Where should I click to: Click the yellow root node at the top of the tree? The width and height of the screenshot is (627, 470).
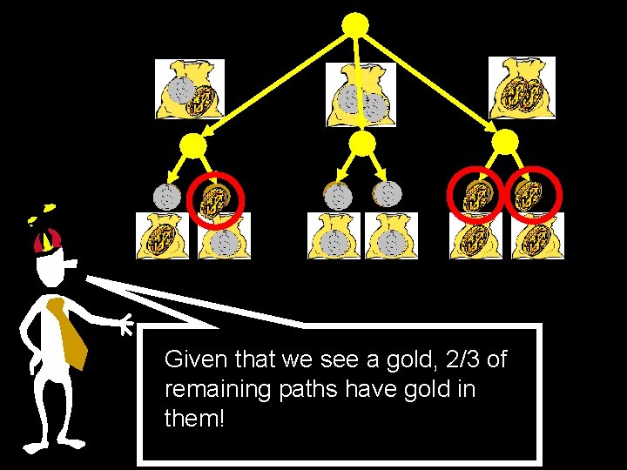click(354, 25)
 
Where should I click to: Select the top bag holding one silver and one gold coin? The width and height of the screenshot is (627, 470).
click(190, 91)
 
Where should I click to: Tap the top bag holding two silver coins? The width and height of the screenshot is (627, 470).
click(361, 94)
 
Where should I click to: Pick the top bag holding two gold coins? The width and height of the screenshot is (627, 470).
click(522, 89)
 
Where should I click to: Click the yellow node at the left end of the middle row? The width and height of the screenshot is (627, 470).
click(193, 145)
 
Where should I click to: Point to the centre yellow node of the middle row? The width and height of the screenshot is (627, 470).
click(361, 144)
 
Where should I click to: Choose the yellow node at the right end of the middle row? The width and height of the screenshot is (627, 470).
click(505, 142)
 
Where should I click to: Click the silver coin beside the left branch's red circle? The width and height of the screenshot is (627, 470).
click(166, 197)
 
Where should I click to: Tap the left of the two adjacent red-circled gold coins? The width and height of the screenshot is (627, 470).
click(475, 196)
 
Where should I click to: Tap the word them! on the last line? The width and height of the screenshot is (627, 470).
click(194, 419)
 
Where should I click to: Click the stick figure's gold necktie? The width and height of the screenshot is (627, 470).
click(70, 331)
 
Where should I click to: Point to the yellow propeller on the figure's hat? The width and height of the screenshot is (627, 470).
click(42, 211)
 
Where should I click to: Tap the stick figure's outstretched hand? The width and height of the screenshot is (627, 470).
click(125, 326)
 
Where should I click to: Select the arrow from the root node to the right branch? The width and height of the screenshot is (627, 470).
click(432, 83)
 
